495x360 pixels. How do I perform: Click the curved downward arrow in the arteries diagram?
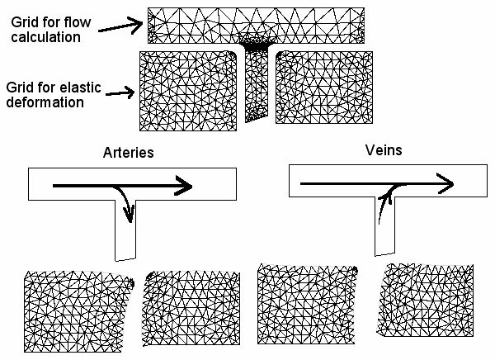click(x=126, y=206)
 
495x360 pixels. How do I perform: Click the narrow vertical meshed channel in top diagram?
click(x=258, y=91)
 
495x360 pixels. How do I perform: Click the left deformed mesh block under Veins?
click(x=306, y=303)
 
